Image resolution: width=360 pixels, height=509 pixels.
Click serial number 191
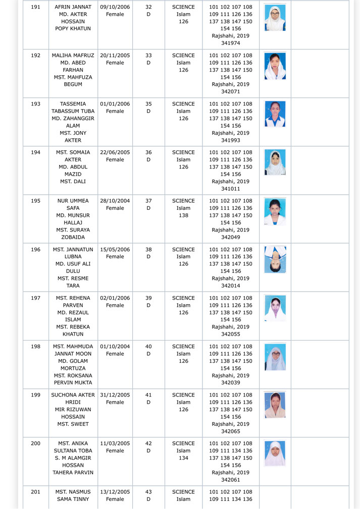35,7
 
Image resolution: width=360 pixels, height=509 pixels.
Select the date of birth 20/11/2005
115,55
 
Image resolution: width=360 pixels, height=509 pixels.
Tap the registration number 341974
230,43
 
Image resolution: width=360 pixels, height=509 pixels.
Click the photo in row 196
275,260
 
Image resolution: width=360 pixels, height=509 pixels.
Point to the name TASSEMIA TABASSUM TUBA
73,107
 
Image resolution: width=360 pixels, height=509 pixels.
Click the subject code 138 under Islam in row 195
183,215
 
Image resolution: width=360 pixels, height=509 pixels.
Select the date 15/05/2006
115,250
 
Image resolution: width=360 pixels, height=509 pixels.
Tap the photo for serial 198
275,357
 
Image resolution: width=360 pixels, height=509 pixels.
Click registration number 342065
230,432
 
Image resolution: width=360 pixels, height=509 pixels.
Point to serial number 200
35,444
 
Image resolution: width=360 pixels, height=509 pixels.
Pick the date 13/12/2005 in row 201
115,492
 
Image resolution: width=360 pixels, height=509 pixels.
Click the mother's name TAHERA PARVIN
73,473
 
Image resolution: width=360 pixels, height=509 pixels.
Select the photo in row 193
275,114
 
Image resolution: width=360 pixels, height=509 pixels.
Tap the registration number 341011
230,189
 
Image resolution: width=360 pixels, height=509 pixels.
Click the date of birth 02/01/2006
115,298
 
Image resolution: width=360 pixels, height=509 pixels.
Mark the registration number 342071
230,92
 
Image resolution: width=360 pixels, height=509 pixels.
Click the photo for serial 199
275,405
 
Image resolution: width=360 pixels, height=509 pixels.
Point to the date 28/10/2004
115,201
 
